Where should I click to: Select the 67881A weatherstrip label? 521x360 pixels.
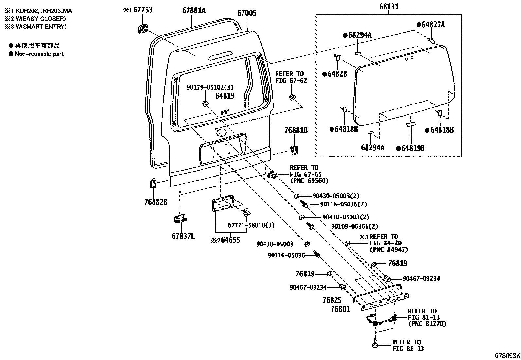tap(194, 10)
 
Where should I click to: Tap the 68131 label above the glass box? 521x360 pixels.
tap(389, 7)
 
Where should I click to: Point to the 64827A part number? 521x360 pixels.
tap(433, 25)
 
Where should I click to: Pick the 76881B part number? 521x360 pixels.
tap(296, 130)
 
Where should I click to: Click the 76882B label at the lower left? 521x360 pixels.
tap(155, 202)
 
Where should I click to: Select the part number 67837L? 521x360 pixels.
tap(183, 236)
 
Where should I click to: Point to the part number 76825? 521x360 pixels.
tap(332, 300)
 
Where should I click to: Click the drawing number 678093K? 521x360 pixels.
tap(507, 355)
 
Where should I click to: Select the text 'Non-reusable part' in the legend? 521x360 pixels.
tap(39, 54)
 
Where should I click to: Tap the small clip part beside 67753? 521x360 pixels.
tap(143, 28)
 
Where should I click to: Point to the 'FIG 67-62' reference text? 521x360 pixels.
tap(291, 80)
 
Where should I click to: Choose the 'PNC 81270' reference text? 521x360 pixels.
tap(427, 324)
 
